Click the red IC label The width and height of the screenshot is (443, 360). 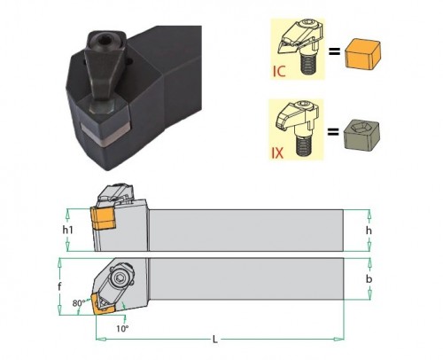pyautogui.click(x=279, y=71)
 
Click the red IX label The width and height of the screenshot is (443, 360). pyautogui.click(x=277, y=153)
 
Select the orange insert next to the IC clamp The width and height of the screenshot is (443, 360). pyautogui.click(x=362, y=55)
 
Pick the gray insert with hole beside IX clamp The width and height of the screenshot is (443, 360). pyautogui.click(x=361, y=134)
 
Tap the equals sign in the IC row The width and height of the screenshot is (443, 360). pyautogui.click(x=334, y=52)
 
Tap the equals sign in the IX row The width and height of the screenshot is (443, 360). pyautogui.click(x=333, y=131)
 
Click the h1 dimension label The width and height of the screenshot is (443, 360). pyautogui.click(x=67, y=230)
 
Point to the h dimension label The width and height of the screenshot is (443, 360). pyautogui.click(x=369, y=231)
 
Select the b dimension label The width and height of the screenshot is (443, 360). pyautogui.click(x=369, y=278)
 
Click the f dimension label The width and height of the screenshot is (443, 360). pyautogui.click(x=59, y=286)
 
